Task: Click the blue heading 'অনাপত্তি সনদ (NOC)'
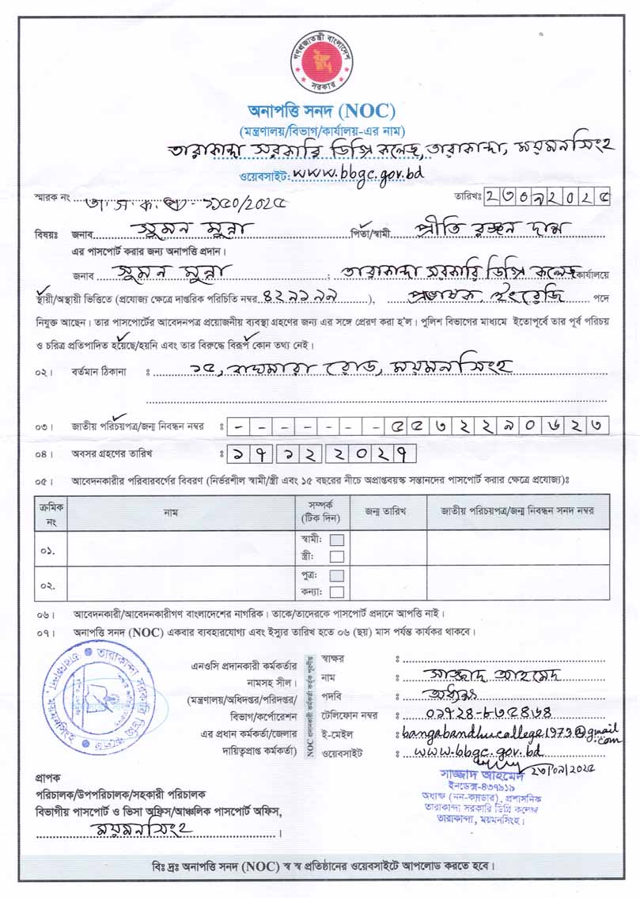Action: (x=320, y=111)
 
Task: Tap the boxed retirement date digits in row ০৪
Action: (x=321, y=454)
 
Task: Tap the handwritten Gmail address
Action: (x=506, y=731)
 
